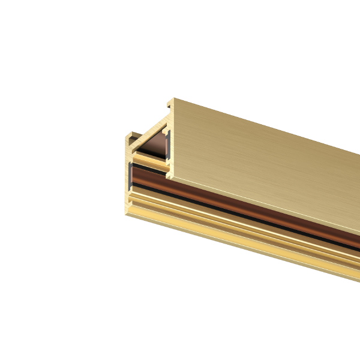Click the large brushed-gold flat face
point(264,162)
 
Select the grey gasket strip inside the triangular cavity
point(169,147)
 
